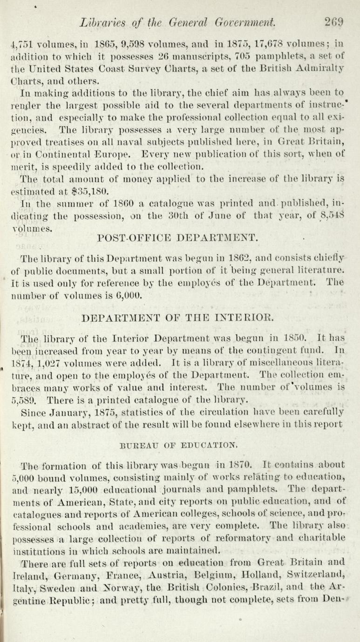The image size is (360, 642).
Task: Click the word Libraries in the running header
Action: click(105, 22)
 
